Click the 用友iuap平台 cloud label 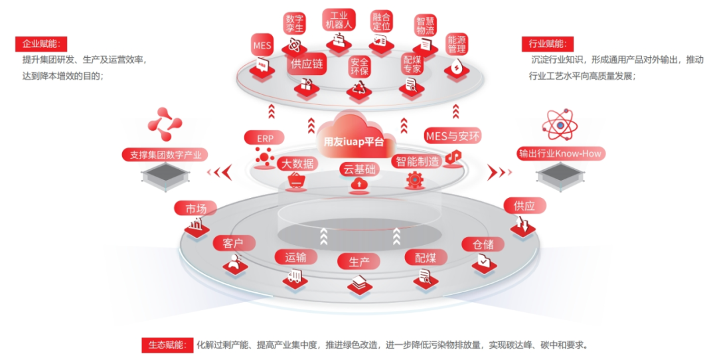[354, 141]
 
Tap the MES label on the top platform [262, 46]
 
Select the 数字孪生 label [294, 23]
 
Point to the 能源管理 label [457, 44]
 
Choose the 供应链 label [307, 64]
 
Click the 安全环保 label [359, 66]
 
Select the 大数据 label [297, 163]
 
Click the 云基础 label [359, 169]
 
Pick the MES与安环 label [453, 136]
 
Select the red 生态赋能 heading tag [167, 345]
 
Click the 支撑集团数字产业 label [165, 155]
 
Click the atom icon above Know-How [560, 125]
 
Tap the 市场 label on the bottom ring [196, 209]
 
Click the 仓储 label [483, 244]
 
